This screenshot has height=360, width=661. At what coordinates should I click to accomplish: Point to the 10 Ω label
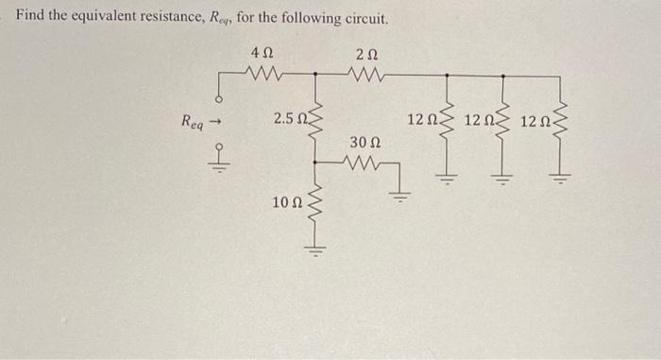pos(286,202)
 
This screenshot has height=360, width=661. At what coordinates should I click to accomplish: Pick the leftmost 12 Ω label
pos(423,120)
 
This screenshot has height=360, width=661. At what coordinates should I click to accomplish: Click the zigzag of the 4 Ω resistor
pos(264,72)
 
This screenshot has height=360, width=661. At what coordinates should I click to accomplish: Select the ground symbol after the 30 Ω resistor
pos(400,197)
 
